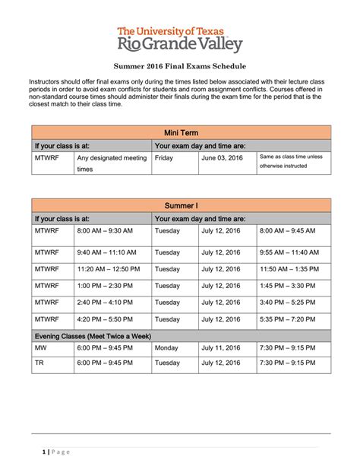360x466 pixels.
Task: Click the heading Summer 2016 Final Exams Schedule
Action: coord(180,66)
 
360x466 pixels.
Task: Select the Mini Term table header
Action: coord(181,132)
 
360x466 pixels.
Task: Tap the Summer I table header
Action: coord(181,205)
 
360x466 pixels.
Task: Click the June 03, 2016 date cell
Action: coord(222,158)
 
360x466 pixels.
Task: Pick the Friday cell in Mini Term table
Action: coord(163,158)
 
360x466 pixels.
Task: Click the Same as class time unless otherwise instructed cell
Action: coord(291,161)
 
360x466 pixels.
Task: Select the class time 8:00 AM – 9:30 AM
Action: coord(105,230)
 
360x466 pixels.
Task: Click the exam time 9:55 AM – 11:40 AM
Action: coord(289,252)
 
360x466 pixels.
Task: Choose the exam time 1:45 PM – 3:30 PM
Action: coord(287,286)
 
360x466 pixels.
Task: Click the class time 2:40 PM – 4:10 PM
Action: coord(105,303)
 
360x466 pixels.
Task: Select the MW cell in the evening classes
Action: coord(40,348)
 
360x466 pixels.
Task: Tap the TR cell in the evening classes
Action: coord(39,363)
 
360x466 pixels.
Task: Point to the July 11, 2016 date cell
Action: coord(222,348)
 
